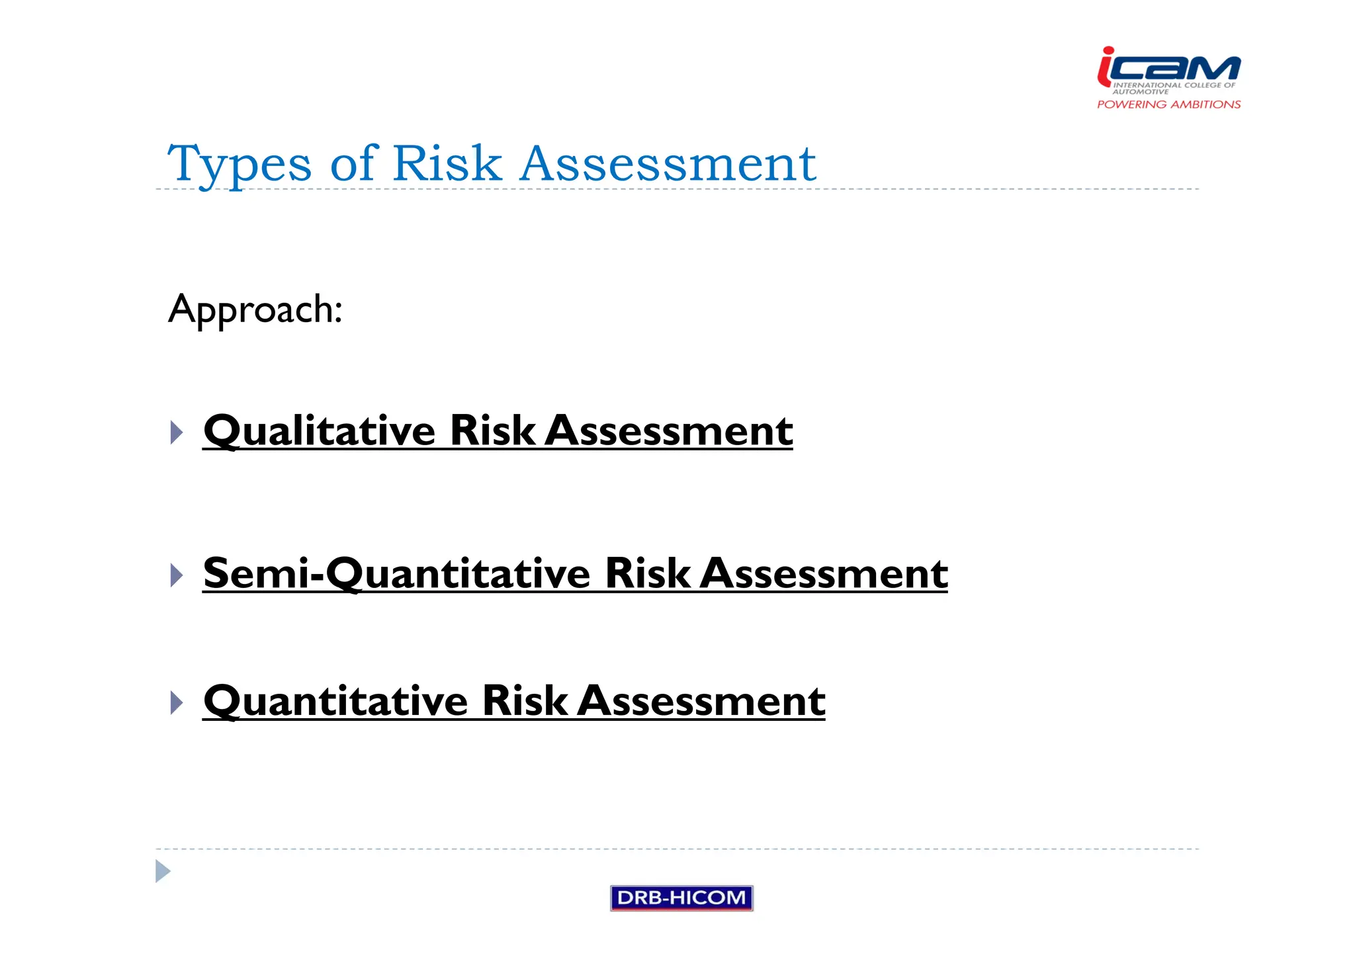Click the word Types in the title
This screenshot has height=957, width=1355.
coord(239,164)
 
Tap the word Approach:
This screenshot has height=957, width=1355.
coord(255,310)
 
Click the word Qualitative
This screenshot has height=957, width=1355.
coord(320,431)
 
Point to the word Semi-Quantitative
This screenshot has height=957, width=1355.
coord(396,573)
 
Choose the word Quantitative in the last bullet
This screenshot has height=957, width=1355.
coord(335,701)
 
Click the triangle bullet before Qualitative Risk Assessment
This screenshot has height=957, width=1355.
coord(176,433)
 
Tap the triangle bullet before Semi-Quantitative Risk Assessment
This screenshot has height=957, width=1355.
coord(176,575)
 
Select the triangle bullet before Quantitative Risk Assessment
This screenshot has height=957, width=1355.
coord(176,702)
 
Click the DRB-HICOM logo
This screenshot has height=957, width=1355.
coord(681,897)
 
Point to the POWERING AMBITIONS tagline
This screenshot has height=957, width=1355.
coord(1168,104)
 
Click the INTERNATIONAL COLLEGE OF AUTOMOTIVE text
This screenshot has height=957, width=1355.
coord(1172,88)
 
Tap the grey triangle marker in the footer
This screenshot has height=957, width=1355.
coord(163,871)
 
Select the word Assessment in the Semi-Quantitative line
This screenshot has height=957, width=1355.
coord(824,573)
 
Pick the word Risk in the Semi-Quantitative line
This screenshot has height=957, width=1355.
coord(647,573)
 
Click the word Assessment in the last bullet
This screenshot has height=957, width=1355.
coord(701,701)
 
